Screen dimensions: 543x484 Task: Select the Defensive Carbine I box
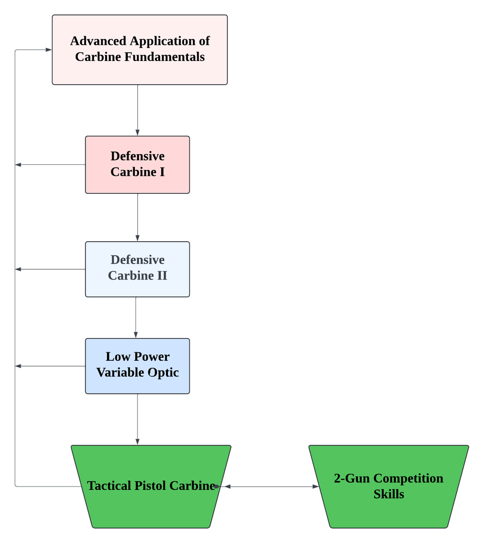tap(137, 164)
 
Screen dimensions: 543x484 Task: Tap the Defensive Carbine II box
tap(137, 268)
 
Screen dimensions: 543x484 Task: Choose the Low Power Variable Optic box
tap(137, 366)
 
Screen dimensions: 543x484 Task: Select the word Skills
tap(389, 494)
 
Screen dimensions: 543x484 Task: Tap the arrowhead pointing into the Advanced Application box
tap(48, 50)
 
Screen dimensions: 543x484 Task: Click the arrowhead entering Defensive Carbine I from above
tap(137, 132)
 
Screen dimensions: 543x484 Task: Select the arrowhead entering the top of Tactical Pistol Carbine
tap(137, 441)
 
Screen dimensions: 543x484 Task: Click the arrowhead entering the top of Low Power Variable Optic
tap(136, 335)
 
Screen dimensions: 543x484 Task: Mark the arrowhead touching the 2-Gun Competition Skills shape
tap(316, 486)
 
